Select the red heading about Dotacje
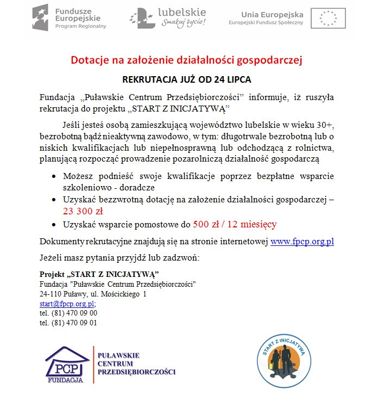pyautogui.click(x=186, y=59)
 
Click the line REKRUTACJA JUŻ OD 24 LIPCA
pyautogui.click(x=186, y=79)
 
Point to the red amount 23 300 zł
pyautogui.click(x=83, y=211)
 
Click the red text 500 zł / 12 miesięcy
pyautogui.click(x=235, y=224)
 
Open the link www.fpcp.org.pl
pyautogui.click(x=301, y=242)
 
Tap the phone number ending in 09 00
pyautogui.click(x=68, y=313)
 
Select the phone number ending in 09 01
pyautogui.click(x=68, y=323)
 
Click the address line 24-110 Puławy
pyautogui.click(x=93, y=294)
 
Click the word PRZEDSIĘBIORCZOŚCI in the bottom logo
pyautogui.click(x=136, y=372)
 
